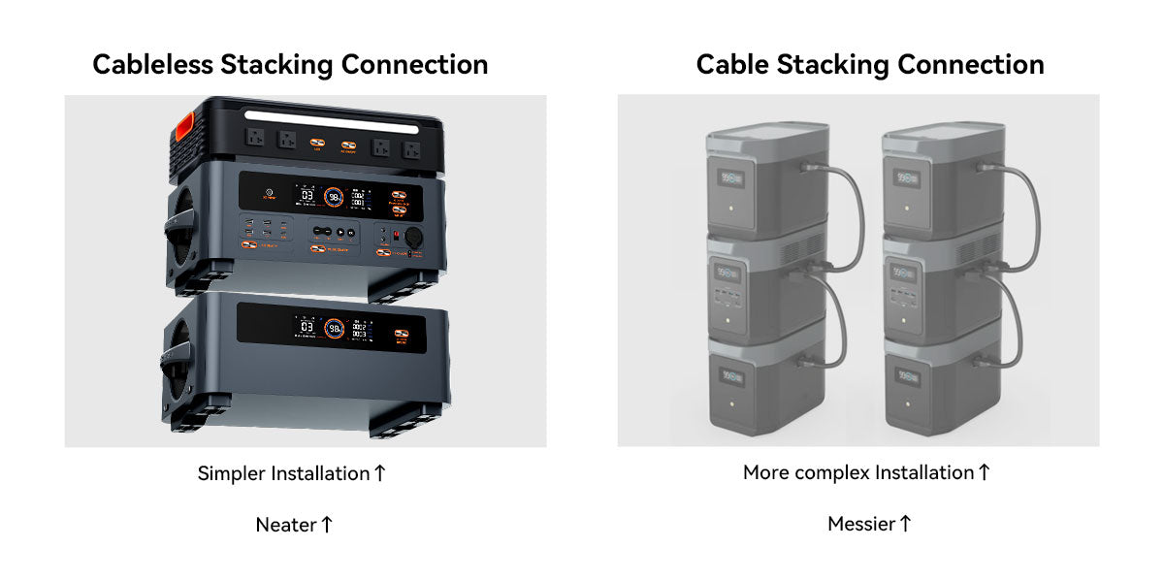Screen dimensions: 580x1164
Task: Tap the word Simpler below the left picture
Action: tap(232, 474)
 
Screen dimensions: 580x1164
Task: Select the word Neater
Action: tap(285, 525)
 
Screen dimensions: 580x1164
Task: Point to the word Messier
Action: tap(860, 525)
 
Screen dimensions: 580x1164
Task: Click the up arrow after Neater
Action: tap(327, 525)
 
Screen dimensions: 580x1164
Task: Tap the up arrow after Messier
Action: tap(905, 525)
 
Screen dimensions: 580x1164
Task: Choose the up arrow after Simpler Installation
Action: tap(379, 473)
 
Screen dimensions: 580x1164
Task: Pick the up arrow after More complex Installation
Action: tap(984, 472)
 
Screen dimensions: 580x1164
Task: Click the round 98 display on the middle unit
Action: tap(332, 198)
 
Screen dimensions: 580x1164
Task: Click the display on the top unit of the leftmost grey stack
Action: tap(728, 177)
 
